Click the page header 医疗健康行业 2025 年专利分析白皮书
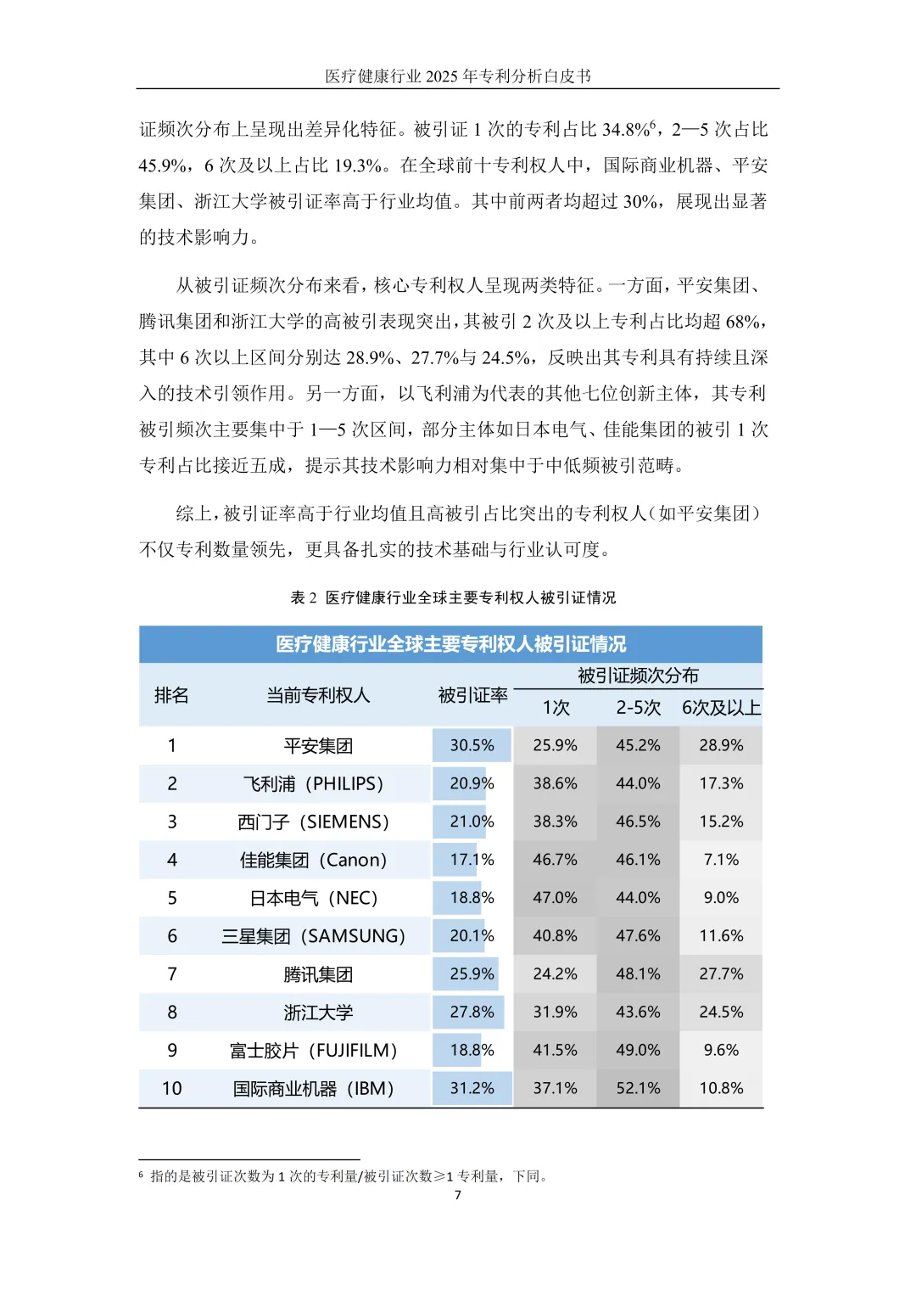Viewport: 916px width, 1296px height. (x=458, y=76)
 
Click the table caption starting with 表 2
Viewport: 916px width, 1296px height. (x=453, y=598)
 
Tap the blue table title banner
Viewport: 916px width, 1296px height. (x=450, y=644)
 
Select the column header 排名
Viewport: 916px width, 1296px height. (x=171, y=695)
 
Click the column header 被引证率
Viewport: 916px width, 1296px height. (x=472, y=695)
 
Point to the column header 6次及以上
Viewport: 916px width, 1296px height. (x=721, y=708)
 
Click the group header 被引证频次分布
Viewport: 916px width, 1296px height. (x=638, y=676)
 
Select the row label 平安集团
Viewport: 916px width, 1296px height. (x=318, y=746)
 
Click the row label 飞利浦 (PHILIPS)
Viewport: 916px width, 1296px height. (x=313, y=784)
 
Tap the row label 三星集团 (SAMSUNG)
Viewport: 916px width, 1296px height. (x=313, y=936)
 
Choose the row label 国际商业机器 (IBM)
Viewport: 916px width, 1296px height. (x=313, y=1088)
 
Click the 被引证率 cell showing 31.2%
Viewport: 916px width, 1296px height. (x=472, y=1088)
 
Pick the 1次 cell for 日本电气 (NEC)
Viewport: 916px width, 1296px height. (x=555, y=898)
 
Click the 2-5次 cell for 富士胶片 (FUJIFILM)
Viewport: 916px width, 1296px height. (x=638, y=1050)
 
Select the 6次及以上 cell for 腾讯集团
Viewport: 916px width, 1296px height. (x=721, y=973)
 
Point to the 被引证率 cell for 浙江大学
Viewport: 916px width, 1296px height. (x=472, y=1012)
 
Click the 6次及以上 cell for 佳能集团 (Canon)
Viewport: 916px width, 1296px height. (x=721, y=860)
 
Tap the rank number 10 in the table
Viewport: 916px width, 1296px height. (x=171, y=1088)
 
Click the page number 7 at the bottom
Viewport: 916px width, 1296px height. (x=458, y=1195)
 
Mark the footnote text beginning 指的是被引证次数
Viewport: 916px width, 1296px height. (x=348, y=1176)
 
